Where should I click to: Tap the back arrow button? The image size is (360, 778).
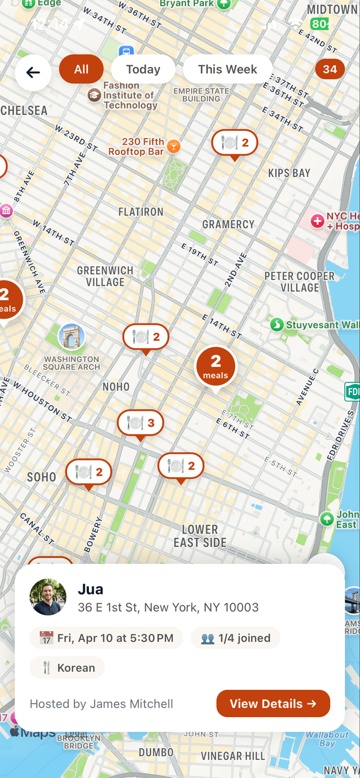33,73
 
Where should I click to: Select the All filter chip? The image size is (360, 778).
82,70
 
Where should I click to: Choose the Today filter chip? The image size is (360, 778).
143,70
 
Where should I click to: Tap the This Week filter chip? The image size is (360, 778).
227,70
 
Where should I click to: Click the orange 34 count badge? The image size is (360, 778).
330,70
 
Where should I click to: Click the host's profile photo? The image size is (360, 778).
48,597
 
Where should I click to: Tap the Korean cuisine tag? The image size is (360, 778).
67,668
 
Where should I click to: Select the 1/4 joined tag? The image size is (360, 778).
235,638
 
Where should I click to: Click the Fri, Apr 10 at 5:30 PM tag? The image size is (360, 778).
106,638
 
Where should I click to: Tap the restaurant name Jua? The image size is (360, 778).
91,589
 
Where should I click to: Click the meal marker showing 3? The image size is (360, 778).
140,423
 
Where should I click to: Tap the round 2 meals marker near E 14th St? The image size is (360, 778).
215,365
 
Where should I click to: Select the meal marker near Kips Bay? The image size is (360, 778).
235,143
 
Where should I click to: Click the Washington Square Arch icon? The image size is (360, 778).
71,337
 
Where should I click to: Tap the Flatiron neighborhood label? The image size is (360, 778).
141,212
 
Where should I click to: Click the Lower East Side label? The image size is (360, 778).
200,536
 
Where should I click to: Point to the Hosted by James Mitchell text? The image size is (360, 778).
101,704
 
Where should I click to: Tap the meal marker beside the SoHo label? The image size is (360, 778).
88,472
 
